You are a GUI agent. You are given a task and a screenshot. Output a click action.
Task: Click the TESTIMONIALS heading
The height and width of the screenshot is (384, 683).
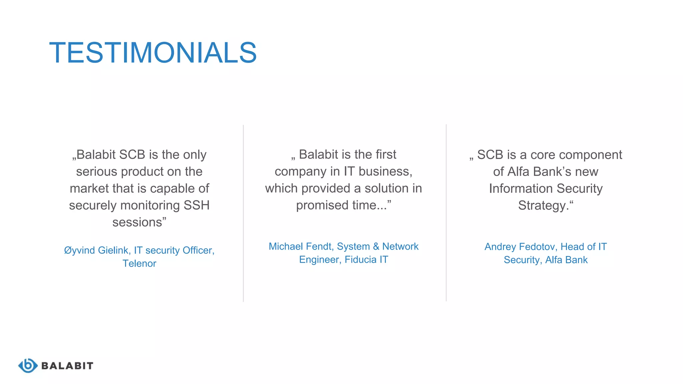(153, 53)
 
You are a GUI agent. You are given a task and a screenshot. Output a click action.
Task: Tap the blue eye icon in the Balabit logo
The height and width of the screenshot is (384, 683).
(28, 366)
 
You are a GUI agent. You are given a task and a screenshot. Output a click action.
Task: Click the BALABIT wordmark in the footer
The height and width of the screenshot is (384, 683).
(67, 366)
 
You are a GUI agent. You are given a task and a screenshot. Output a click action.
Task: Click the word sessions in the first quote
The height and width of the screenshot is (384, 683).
(137, 222)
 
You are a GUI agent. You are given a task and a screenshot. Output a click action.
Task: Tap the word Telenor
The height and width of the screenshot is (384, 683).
(139, 264)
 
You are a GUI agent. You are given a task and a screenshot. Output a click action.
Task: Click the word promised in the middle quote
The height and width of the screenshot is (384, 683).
(317, 205)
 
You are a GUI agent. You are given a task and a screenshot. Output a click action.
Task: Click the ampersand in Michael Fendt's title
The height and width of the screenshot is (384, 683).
(376, 246)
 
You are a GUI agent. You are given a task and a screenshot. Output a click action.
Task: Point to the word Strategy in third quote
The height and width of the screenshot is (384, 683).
(542, 206)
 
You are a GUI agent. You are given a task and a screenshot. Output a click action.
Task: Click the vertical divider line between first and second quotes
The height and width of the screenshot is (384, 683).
(243, 213)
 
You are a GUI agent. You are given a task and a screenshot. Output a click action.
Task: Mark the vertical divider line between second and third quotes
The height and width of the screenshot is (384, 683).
(446, 213)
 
